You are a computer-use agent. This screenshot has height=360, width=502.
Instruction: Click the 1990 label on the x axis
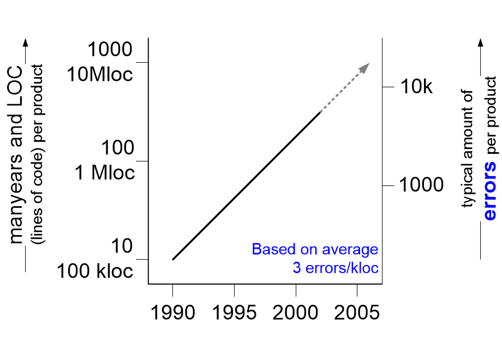[172, 313]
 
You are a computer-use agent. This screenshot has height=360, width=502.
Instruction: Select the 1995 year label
[234, 313]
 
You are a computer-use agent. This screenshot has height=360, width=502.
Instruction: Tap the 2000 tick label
[296, 313]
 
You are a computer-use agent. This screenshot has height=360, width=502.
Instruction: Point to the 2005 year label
[357, 313]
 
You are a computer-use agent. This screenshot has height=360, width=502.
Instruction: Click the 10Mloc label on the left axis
[99, 75]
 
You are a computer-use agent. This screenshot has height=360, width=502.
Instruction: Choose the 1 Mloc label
[105, 173]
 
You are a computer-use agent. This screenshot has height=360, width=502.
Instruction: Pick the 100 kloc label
[95, 271]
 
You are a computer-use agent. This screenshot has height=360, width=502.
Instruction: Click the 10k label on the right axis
[416, 87]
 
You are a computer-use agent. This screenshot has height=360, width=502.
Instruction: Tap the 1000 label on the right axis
[421, 185]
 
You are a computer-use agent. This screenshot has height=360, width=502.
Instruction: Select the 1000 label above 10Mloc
[110, 50]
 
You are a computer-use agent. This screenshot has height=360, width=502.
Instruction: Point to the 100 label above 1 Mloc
[117, 148]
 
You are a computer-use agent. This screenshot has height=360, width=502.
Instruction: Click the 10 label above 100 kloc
[122, 246]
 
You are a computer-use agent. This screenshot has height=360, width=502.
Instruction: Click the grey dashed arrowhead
[364, 68]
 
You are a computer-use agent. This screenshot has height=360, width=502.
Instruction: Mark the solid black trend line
[247, 185]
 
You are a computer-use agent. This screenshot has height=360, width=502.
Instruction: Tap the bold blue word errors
[490, 191]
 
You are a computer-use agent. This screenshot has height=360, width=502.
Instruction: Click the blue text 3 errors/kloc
[336, 267]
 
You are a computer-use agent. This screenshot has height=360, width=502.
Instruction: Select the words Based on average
[315, 249]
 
